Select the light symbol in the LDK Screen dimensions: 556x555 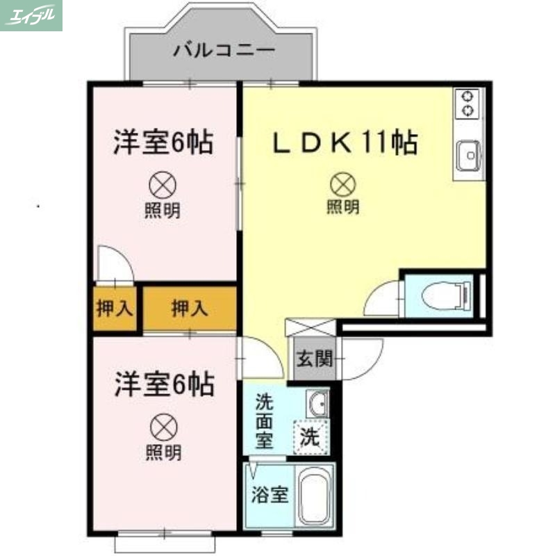342,184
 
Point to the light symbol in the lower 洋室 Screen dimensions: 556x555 163,425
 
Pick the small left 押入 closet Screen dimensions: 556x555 114,309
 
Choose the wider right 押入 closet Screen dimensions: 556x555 190,309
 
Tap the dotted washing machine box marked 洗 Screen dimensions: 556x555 309,438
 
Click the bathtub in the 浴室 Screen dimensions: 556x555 316,496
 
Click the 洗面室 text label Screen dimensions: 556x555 265,421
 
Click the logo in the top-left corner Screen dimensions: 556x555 31,15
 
